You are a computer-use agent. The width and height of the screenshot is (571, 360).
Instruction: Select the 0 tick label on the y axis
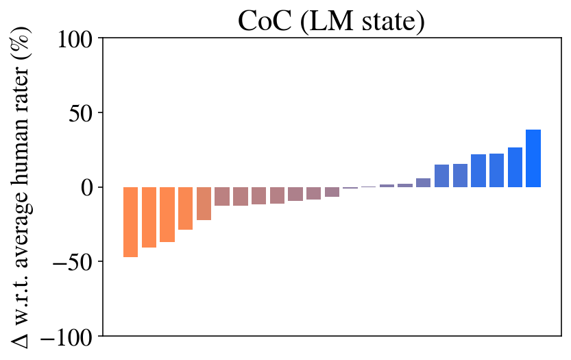pyautogui.click(x=88, y=187)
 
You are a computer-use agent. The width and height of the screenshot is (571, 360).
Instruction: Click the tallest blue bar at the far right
pyautogui.click(x=533, y=158)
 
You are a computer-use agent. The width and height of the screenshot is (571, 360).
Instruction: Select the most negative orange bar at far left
pyautogui.click(x=130, y=221)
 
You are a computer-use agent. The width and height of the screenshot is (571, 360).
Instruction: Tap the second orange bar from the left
pyautogui.click(x=149, y=217)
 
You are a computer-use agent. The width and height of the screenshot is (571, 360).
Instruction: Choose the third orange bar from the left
pyautogui.click(x=167, y=214)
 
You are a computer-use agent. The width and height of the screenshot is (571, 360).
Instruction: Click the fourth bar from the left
pyautogui.click(x=185, y=208)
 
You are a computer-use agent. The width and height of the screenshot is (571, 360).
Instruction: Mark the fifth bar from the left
pyautogui.click(x=204, y=203)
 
